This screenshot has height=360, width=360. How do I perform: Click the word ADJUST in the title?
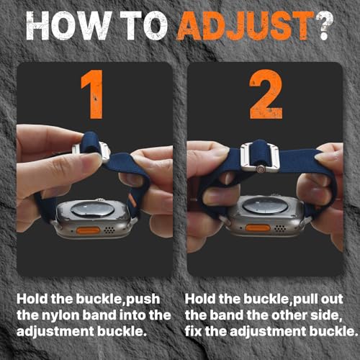tap(246, 26)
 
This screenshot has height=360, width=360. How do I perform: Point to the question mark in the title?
tap(325, 26)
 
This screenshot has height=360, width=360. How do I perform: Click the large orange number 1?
tap(93, 94)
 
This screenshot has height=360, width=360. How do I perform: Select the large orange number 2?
tap(266, 94)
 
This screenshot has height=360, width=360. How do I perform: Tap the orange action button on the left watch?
tap(88, 230)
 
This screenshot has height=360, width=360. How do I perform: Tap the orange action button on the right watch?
tap(258, 228)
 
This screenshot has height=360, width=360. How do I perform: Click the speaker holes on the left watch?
tap(110, 230)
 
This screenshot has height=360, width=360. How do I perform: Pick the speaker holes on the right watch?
tap(280, 228)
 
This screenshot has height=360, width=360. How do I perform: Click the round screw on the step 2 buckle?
tap(260, 169)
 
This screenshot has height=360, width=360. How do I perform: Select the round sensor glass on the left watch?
tap(92, 209)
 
